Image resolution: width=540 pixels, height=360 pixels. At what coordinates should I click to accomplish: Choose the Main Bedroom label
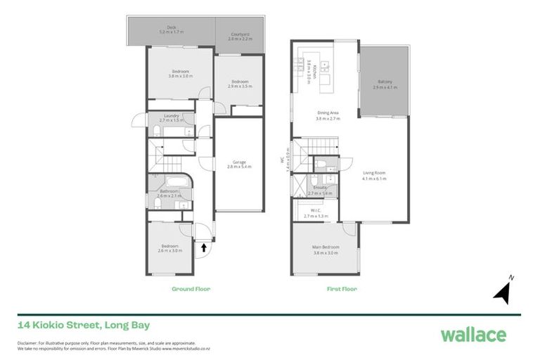pyautogui.click(x=326, y=247)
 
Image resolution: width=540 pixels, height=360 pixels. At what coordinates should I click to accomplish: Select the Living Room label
pyautogui.click(x=373, y=174)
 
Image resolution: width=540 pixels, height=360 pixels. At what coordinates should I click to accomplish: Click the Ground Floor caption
pyautogui.click(x=191, y=289)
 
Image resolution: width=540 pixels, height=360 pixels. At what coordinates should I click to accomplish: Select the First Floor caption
pyautogui.click(x=342, y=289)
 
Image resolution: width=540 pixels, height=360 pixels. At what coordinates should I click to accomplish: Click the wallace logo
pyautogui.click(x=472, y=334)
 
